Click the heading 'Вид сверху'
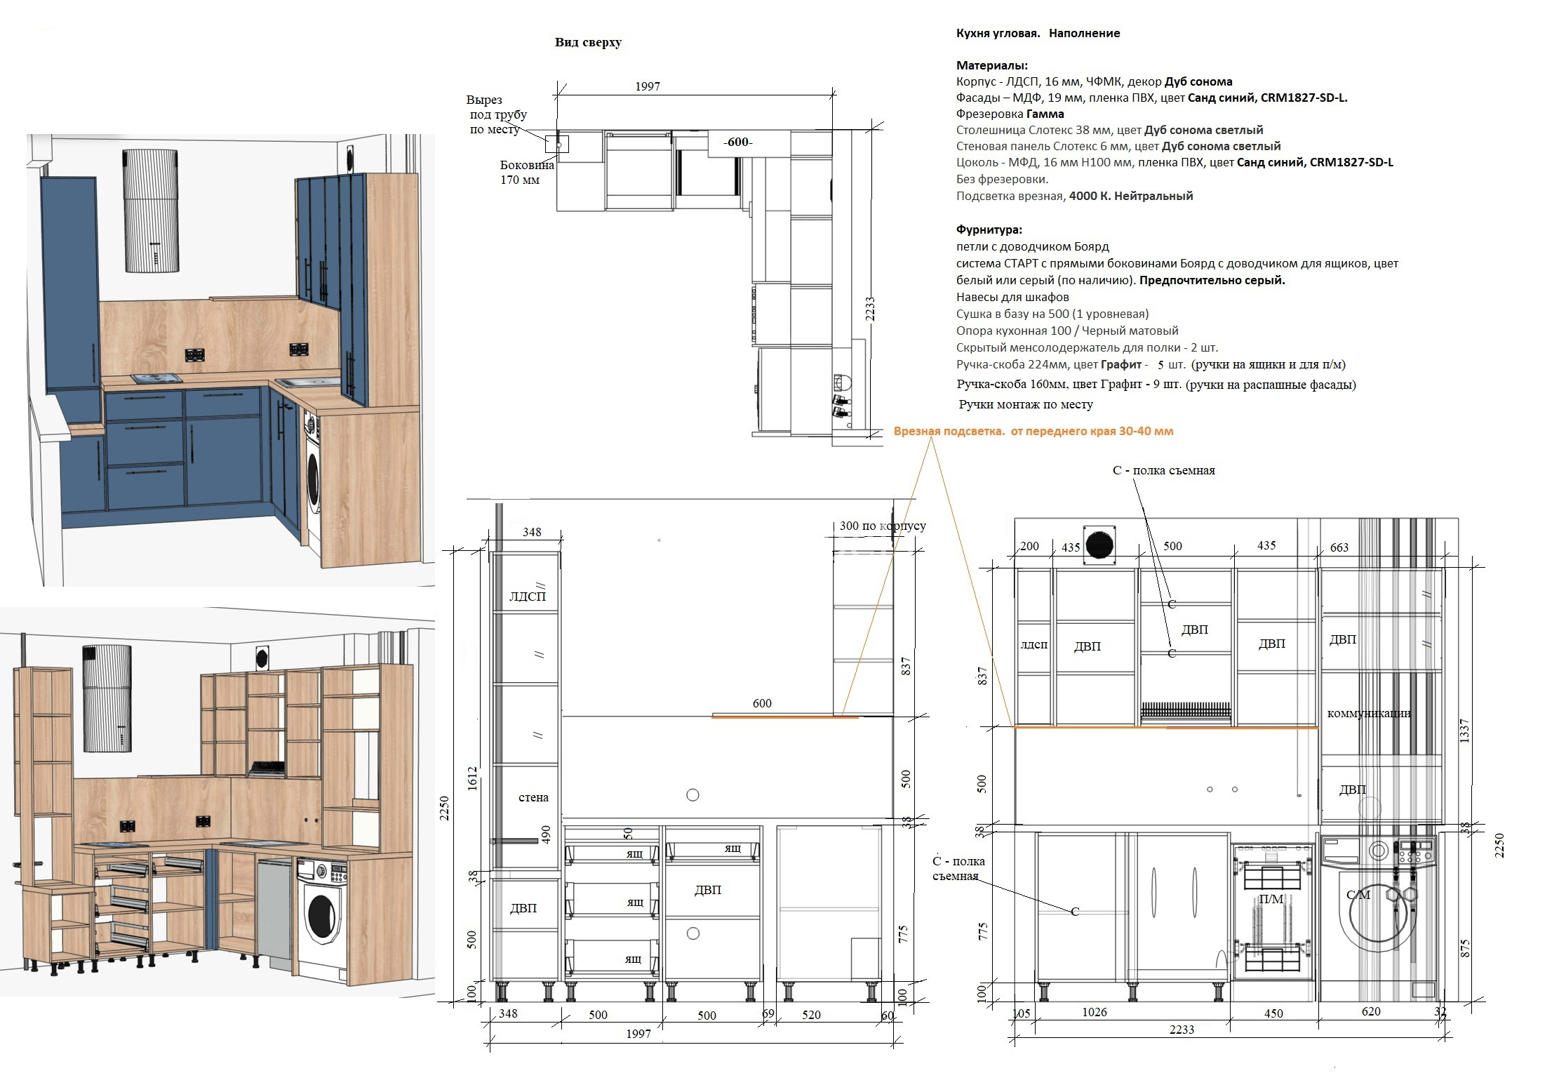coord(588,42)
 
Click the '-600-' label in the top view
coord(737,142)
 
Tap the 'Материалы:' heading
coord(991,65)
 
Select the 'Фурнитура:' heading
coord(989,229)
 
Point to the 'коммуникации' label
coord(1368,713)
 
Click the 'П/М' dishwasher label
coord(1271,899)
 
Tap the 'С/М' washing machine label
coord(1358,895)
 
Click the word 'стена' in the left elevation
coord(533,797)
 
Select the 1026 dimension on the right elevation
coord(1095,1012)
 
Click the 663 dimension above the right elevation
coord(1339,547)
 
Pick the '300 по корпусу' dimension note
coord(883,526)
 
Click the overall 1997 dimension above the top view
coord(648,86)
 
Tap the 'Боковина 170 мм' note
coord(527,173)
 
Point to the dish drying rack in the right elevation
coord(1186,712)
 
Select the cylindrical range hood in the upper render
coord(152,211)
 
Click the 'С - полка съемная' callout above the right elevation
coord(1164,470)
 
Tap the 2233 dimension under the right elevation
coord(1182,1030)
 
